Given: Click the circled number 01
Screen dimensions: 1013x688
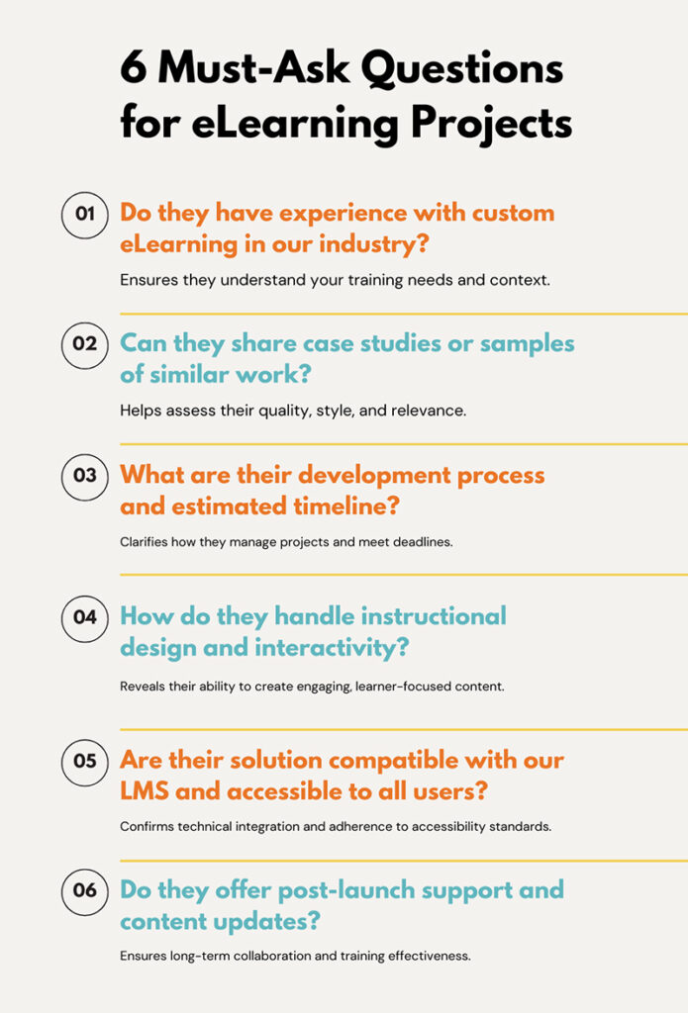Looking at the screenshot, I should pos(84,215).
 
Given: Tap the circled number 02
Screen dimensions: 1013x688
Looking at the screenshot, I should pos(84,344).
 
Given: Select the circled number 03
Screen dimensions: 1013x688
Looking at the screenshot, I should pos(84,475).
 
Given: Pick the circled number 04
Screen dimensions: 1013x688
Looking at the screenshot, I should pos(84,617).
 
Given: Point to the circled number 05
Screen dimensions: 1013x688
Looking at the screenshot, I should pos(84,761).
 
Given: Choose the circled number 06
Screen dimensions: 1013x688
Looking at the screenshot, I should pos(84,890).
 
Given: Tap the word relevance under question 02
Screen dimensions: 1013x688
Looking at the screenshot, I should pos(429,410).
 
